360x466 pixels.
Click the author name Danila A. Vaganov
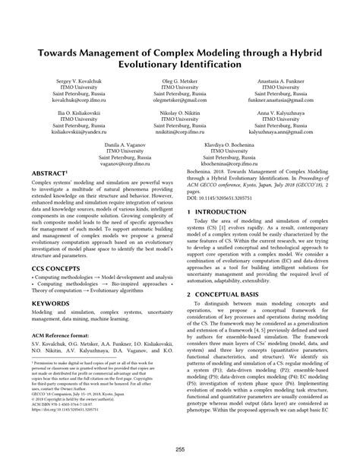pyautogui.click(x=126, y=144)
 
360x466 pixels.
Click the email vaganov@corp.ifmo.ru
pyautogui.click(x=126, y=163)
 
